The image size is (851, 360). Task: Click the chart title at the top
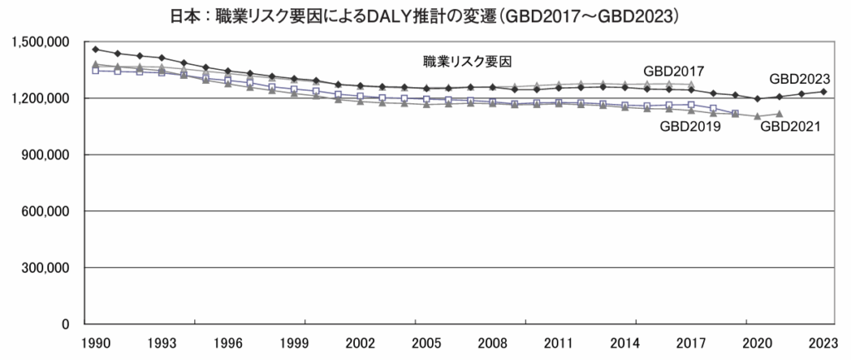coord(425,15)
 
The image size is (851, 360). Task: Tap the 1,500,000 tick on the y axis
coord(41,42)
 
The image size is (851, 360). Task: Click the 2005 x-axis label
coord(425,343)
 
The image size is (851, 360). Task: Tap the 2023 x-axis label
coord(822,343)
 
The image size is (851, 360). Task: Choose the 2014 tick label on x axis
coord(623,343)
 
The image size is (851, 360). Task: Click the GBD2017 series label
coord(679,71)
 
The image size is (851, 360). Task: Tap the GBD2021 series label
coord(791,126)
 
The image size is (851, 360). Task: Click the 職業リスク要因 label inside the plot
coord(465,62)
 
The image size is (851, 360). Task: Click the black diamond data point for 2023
coord(823,91)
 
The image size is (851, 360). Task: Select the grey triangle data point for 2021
coord(779,114)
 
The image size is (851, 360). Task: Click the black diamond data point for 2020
coord(757,99)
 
